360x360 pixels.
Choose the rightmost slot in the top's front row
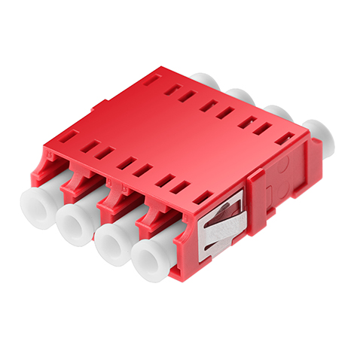(201, 197)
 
